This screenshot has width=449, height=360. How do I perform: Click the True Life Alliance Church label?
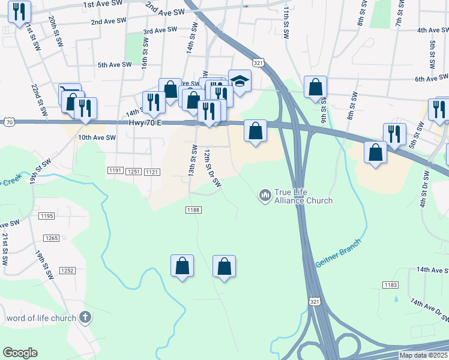[x=303, y=196]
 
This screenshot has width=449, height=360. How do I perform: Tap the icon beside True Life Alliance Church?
[x=264, y=195]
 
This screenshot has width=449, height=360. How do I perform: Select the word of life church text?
[x=41, y=318]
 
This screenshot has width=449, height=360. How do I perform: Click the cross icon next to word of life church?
[x=85, y=317]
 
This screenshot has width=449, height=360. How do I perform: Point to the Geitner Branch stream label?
[x=339, y=253]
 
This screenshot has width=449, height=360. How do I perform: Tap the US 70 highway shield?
[x=8, y=122]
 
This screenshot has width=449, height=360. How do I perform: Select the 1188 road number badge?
[x=193, y=210]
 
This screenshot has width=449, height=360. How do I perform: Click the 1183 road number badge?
[x=390, y=285]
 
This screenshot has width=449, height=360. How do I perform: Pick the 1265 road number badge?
[x=51, y=238]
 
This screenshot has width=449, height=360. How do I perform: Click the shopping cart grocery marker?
[x=70, y=94]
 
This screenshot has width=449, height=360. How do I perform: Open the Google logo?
[x=20, y=353]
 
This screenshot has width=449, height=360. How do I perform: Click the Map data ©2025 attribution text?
[x=423, y=355]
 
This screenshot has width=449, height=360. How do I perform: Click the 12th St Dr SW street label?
[x=212, y=169]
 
